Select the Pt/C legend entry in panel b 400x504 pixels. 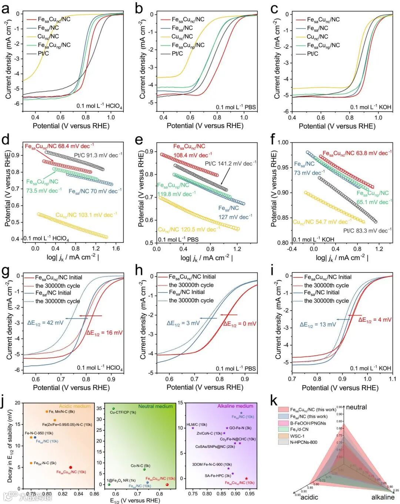point(177,54)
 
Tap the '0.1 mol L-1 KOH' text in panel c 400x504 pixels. point(371,107)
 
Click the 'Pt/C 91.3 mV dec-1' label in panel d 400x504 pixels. point(98,155)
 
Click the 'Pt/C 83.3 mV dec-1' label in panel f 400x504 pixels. point(367,231)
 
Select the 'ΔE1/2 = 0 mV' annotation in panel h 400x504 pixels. point(240,324)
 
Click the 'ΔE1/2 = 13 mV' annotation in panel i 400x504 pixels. point(318,325)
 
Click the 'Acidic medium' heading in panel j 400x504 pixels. point(74,406)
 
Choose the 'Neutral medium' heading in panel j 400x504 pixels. point(155,406)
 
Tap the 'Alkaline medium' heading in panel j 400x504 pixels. point(235,406)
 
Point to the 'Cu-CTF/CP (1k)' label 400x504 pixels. point(123,412)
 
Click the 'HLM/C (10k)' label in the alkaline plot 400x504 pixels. point(197,424)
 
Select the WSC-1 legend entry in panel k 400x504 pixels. point(297,436)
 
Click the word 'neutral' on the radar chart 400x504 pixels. point(356,407)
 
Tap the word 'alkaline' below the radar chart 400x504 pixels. point(383,497)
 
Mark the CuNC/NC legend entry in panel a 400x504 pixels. point(48,36)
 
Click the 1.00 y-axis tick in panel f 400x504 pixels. point(283,142)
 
